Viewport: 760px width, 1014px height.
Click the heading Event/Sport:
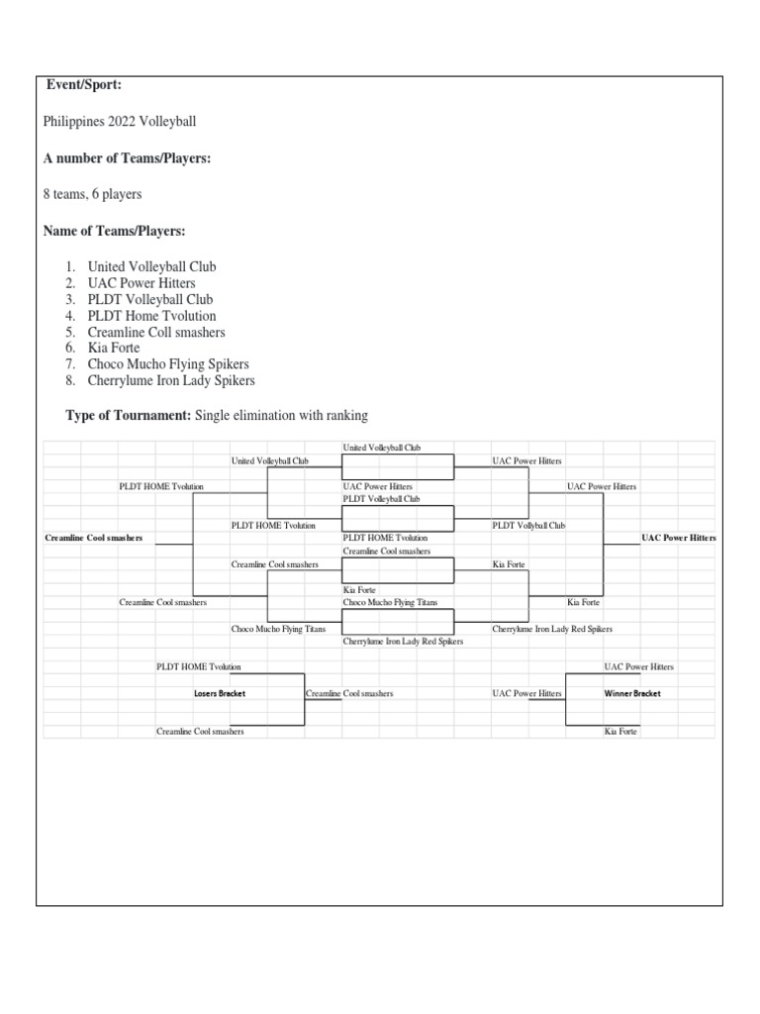(x=83, y=85)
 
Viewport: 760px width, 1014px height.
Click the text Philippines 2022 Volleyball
(x=120, y=122)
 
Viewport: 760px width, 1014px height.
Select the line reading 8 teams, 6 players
(x=92, y=194)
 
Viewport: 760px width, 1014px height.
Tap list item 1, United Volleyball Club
(x=151, y=266)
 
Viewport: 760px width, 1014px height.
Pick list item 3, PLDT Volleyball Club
(x=150, y=299)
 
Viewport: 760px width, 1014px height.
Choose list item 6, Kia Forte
(x=114, y=348)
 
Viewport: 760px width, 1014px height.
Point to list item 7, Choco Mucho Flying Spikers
(x=168, y=364)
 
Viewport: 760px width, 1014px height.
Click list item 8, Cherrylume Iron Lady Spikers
(x=171, y=380)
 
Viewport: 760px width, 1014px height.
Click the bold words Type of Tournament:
(x=128, y=415)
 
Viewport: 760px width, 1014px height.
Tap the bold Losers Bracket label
(x=220, y=693)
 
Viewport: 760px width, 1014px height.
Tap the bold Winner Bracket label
(x=632, y=693)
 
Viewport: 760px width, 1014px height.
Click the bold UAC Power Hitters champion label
(x=679, y=538)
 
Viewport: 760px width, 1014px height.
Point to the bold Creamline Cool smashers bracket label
(x=94, y=538)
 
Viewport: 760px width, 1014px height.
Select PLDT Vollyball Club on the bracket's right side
(x=528, y=526)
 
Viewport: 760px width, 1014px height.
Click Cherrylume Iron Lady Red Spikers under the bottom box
(x=404, y=642)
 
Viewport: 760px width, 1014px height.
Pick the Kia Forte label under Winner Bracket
(x=620, y=732)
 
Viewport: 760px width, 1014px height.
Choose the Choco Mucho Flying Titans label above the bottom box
(x=390, y=602)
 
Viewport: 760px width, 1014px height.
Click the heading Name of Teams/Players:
(x=115, y=231)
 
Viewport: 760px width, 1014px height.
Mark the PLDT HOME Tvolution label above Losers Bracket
(x=198, y=666)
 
